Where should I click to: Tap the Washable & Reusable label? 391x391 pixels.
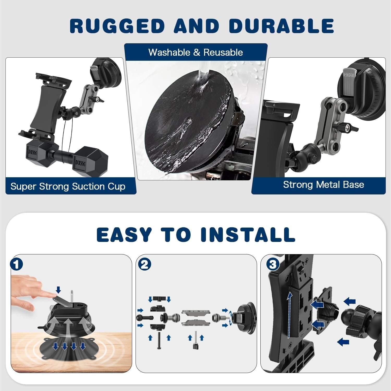(195, 52)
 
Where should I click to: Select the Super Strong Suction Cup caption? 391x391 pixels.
(68, 186)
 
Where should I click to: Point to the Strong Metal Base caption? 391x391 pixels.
(323, 185)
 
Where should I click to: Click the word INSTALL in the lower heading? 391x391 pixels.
(248, 235)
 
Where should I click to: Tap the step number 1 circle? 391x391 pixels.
(16, 265)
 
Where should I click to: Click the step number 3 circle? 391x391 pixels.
(272, 265)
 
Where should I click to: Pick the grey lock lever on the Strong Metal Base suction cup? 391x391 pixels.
(349, 81)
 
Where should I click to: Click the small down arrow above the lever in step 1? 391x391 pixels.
(58, 289)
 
